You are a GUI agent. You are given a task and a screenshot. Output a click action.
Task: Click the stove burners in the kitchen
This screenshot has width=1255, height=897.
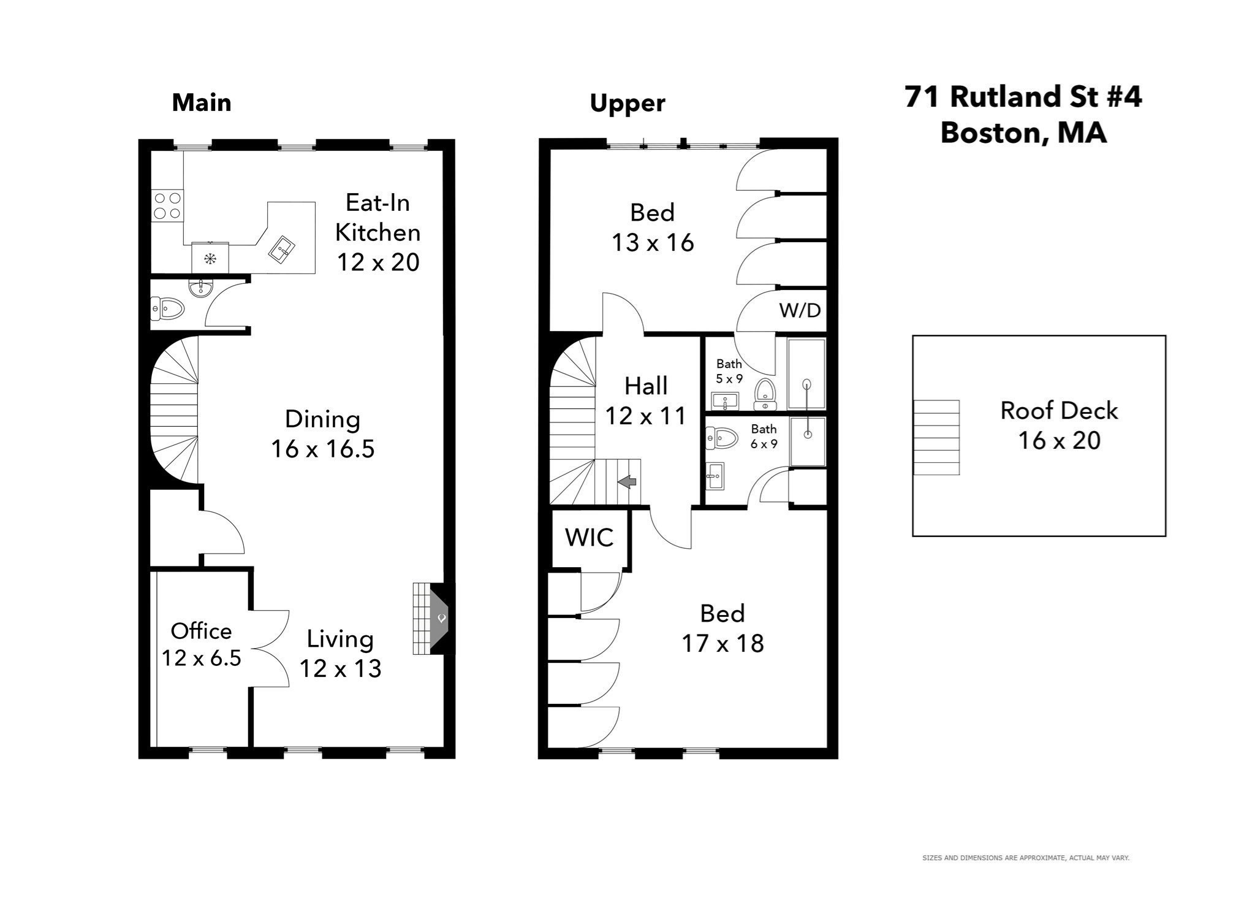(167, 205)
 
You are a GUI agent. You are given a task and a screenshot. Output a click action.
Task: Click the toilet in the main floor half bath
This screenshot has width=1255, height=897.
(168, 308)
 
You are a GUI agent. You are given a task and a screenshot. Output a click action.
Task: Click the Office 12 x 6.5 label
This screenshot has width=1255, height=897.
(201, 644)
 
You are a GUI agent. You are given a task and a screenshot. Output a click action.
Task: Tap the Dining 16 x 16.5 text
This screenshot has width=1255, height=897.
(322, 434)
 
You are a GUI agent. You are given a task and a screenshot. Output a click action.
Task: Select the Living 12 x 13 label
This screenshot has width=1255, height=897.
(340, 654)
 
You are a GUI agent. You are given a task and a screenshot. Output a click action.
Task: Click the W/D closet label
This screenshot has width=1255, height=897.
(800, 310)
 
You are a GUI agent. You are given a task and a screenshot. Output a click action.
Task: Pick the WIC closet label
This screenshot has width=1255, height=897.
(589, 538)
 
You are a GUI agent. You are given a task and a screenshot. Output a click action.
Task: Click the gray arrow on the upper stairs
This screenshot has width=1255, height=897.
(627, 482)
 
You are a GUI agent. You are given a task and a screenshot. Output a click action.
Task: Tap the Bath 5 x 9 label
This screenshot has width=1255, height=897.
(729, 371)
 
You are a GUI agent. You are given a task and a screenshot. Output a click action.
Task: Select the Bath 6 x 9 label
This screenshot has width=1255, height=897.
(764, 436)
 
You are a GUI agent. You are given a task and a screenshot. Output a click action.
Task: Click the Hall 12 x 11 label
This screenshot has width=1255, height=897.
(645, 401)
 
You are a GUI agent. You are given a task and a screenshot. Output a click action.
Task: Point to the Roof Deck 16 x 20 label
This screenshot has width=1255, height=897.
(1059, 426)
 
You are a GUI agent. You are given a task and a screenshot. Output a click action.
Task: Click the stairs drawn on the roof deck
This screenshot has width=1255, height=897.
(936, 437)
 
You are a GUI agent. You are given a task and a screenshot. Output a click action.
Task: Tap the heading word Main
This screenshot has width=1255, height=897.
(202, 102)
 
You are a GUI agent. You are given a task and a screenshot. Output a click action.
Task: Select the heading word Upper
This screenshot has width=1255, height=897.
(627, 104)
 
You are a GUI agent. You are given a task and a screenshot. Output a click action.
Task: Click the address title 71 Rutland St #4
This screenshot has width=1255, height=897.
(1023, 97)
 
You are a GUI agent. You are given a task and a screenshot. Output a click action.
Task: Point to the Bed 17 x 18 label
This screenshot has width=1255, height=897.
(722, 628)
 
